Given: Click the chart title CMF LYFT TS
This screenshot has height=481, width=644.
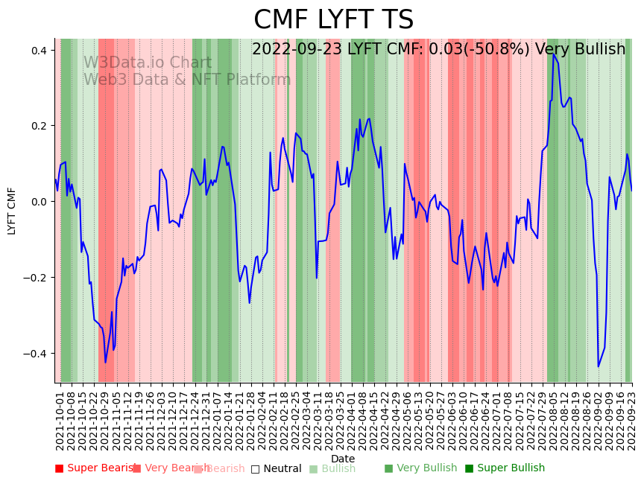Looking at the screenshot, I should [333, 20].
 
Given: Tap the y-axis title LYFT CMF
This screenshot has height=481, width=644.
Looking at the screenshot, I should [12, 211].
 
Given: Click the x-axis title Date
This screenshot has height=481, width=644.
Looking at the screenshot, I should [343, 459].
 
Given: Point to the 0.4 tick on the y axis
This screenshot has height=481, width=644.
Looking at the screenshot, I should [38, 50].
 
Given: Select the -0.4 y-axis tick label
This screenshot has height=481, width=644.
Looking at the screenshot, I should [36, 353].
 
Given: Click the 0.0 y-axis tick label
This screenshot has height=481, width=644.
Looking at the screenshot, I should [38, 202].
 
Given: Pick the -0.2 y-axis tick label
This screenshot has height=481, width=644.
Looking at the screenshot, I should [36, 278].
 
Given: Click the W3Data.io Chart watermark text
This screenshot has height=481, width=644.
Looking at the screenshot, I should [147, 63].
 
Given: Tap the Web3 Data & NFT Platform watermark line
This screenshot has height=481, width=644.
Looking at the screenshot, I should [187, 80].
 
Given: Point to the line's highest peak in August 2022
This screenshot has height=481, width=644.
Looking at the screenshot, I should [553, 54].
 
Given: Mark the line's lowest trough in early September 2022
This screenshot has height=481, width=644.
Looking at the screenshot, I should [598, 366].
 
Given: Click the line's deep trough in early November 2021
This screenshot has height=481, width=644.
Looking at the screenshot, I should [105, 363].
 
